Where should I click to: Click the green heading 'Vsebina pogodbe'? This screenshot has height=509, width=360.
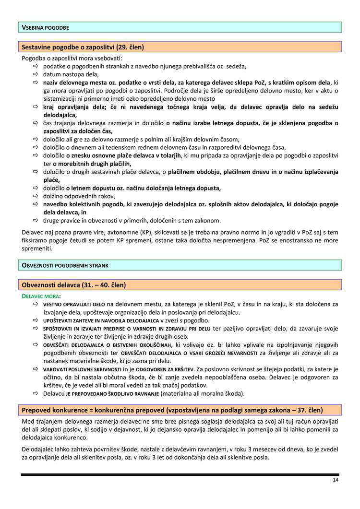(x=46, y=28)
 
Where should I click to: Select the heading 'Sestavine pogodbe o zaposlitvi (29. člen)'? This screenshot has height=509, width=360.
(x=83, y=47)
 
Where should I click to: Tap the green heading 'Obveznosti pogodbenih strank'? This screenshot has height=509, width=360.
(x=65, y=265)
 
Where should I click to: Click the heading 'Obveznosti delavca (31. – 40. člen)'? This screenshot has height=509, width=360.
(x=74, y=285)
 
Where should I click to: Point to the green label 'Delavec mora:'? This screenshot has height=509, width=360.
(x=42, y=296)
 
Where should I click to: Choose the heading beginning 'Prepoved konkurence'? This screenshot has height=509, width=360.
(x=172, y=410)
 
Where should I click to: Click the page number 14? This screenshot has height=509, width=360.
(x=335, y=480)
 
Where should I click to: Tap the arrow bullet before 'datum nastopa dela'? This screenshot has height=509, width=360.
(x=36, y=74)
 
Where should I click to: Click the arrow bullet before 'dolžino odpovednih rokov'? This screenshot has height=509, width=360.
(x=36, y=196)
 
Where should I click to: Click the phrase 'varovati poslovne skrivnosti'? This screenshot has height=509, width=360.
(x=82, y=369)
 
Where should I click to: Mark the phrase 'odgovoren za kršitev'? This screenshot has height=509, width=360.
(x=165, y=369)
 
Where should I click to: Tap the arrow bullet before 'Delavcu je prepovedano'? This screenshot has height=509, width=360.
(x=36, y=394)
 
